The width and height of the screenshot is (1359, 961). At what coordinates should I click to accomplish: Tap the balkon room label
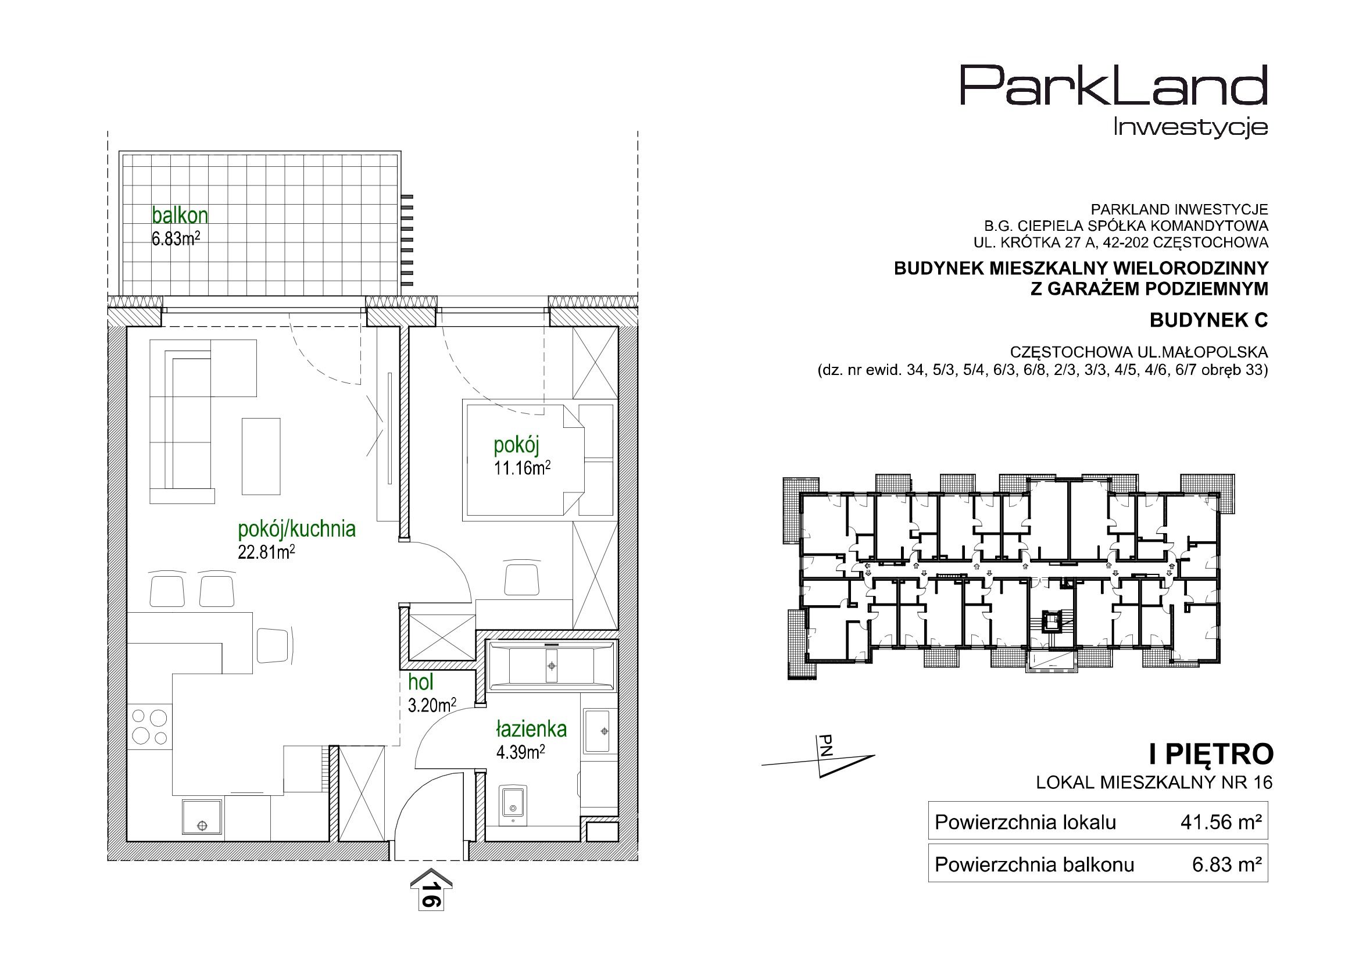(180, 215)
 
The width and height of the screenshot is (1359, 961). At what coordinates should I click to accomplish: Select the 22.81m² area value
(266, 552)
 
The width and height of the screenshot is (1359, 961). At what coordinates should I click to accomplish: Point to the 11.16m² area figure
(522, 469)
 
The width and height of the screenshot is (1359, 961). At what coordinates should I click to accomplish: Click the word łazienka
(531, 728)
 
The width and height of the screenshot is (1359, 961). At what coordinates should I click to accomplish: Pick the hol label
(421, 682)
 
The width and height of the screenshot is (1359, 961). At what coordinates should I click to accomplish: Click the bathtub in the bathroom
(552, 666)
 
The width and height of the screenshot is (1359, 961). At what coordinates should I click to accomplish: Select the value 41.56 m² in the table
(1227, 823)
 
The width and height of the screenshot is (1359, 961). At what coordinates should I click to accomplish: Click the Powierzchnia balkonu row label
(1034, 865)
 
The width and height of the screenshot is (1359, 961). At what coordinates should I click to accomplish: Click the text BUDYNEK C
(1208, 320)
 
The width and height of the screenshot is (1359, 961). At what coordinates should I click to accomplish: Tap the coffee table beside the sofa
(261, 456)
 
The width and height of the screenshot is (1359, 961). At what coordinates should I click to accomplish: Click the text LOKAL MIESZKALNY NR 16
(1154, 782)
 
